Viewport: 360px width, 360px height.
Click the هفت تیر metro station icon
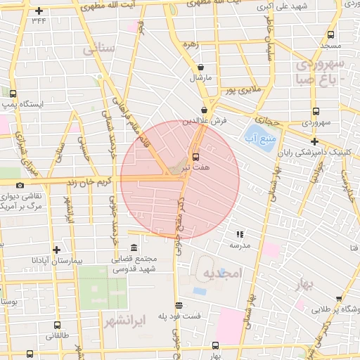195,155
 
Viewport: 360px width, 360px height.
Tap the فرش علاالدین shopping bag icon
204,110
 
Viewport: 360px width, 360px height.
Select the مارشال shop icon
200,67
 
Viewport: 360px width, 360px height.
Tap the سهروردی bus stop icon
316,111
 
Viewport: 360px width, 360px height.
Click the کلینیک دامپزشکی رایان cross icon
314,141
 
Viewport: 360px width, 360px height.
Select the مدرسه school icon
239,234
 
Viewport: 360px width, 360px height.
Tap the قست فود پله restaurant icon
179,305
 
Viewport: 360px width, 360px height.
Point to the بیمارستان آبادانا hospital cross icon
56,249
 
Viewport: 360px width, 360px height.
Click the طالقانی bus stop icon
57,325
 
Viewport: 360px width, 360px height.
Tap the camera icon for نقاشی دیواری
19,186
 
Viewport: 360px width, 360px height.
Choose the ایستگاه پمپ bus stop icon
13,93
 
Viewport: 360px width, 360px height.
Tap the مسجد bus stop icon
330,34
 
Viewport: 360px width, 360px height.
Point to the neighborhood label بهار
304,283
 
